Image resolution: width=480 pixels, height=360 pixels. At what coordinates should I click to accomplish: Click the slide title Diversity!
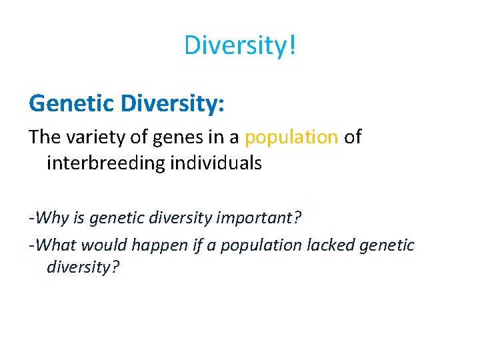point(239,45)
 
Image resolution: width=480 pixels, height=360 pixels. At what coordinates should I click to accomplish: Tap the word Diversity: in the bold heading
point(169,103)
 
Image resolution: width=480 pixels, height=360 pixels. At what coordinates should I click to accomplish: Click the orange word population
point(291,137)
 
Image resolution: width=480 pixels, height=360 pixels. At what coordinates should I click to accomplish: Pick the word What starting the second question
point(57,245)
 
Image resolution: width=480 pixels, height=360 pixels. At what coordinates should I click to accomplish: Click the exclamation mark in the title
point(292,45)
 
